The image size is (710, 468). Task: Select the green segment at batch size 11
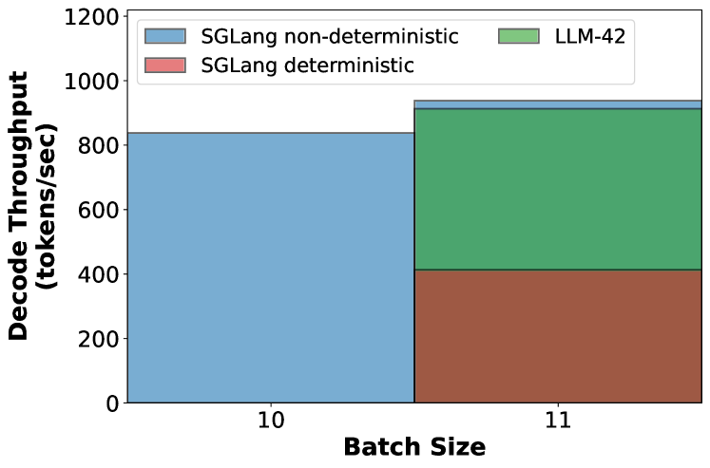click(x=558, y=189)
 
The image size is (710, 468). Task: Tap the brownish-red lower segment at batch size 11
click(x=558, y=336)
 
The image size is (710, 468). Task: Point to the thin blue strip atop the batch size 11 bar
click(x=558, y=104)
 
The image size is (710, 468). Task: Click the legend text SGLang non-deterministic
click(x=330, y=37)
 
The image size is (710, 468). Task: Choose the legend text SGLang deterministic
click(x=307, y=66)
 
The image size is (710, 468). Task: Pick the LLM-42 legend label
click(x=595, y=37)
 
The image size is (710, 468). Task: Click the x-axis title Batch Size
click(x=414, y=448)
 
